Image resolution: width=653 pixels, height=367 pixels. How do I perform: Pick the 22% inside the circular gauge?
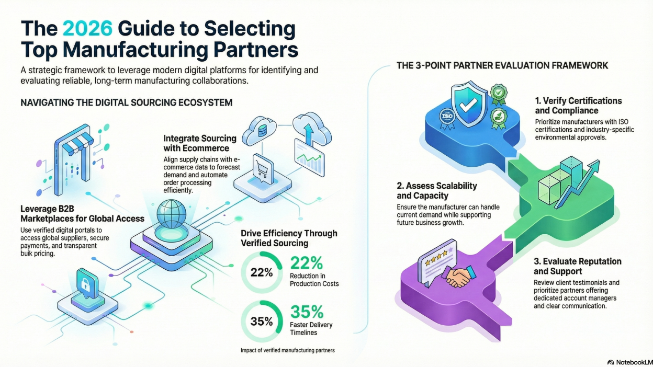pos(261,272)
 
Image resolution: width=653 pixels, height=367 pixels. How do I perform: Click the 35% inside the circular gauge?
pos(261,322)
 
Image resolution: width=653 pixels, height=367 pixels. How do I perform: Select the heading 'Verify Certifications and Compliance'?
pos(578,106)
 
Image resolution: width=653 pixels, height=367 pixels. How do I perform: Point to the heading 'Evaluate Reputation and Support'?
pos(577,266)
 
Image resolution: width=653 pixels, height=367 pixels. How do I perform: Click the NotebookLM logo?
pos(628,362)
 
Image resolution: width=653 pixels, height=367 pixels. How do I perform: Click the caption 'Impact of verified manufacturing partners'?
pos(287,350)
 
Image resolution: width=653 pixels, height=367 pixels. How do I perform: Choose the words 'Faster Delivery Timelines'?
pos(311,328)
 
